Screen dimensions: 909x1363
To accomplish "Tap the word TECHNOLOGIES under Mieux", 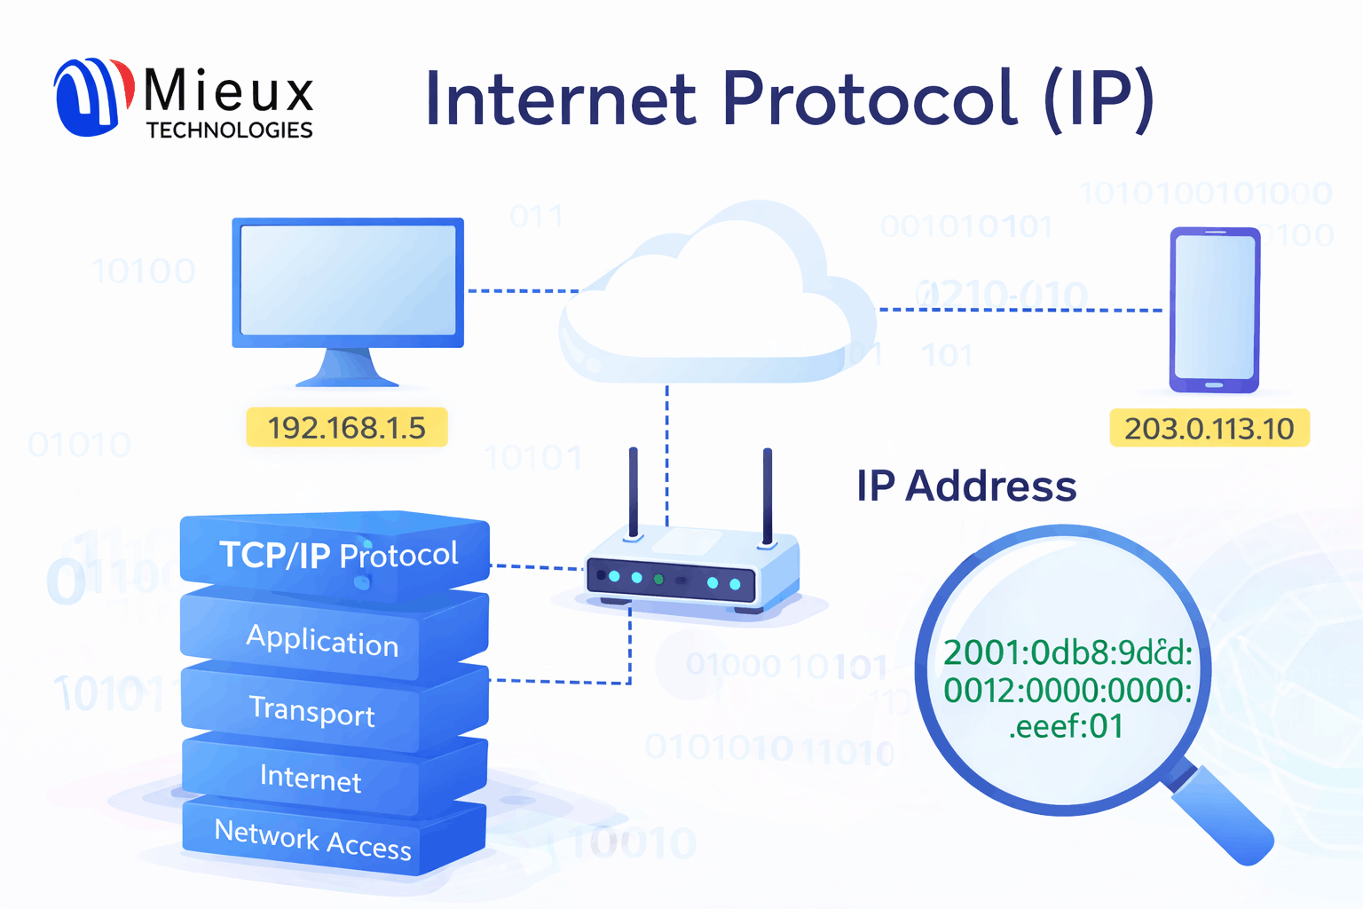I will [229, 130].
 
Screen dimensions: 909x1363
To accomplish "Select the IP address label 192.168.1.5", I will [346, 428].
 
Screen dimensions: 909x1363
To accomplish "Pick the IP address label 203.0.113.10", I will [1209, 429].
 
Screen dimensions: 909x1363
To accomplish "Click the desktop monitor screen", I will [348, 280].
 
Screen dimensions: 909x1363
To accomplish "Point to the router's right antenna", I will [768, 493].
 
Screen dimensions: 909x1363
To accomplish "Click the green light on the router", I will [658, 580].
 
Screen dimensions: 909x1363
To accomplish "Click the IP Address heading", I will [966, 486].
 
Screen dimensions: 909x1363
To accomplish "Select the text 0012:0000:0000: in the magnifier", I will [1068, 690].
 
